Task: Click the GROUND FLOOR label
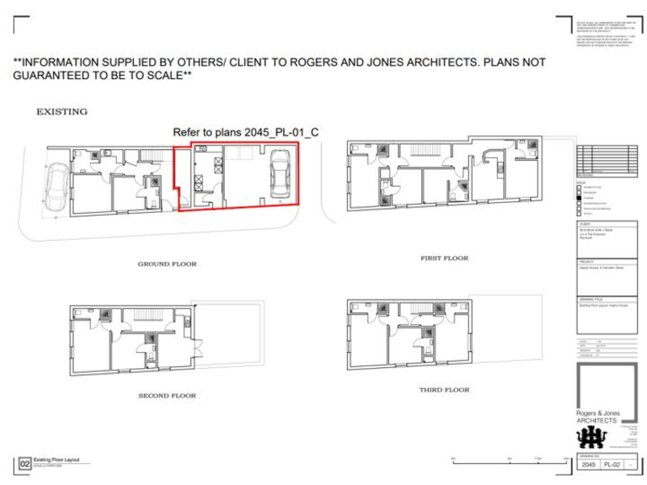(167, 264)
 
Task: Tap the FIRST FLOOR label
(444, 258)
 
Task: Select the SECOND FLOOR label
(167, 395)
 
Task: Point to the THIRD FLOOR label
(444, 390)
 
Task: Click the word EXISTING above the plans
(61, 111)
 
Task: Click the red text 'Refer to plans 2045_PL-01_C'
(245, 132)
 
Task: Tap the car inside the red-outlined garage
(279, 175)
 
